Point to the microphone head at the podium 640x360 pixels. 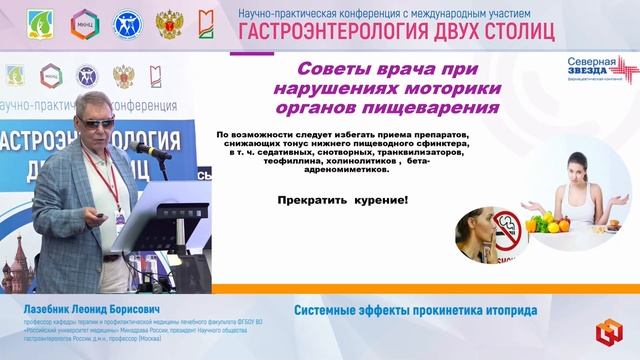[x=141, y=147]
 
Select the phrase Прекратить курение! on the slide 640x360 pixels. [x=343, y=201]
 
